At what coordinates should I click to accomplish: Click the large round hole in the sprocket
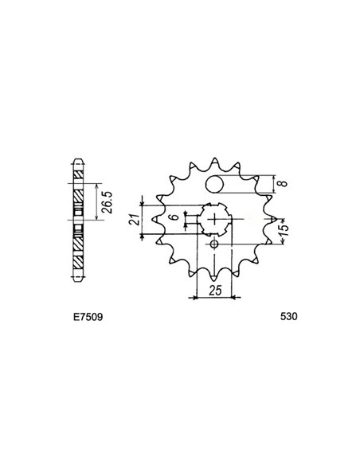coord(214,185)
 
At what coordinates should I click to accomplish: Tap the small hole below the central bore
coord(213,244)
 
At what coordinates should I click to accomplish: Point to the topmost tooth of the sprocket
coord(213,153)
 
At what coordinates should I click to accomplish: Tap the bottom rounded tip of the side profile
coord(77,281)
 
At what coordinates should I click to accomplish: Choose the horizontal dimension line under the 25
coord(213,298)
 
